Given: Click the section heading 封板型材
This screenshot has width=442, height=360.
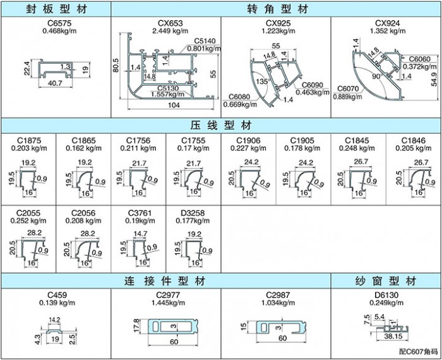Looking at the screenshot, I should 56,9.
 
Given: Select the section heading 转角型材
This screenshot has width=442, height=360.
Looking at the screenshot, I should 277,9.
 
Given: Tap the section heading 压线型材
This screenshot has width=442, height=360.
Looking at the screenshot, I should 221,124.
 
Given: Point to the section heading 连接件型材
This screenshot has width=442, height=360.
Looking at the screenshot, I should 165,280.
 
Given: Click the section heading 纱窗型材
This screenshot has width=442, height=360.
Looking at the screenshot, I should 386,280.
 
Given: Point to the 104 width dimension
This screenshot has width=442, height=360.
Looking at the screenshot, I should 171,105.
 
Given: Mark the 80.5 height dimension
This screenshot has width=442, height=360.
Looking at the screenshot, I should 117,66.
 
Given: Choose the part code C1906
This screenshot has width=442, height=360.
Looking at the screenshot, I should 248,140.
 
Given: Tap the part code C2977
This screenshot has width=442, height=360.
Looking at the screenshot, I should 165,295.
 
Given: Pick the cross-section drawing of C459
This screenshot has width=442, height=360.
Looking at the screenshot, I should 55,330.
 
